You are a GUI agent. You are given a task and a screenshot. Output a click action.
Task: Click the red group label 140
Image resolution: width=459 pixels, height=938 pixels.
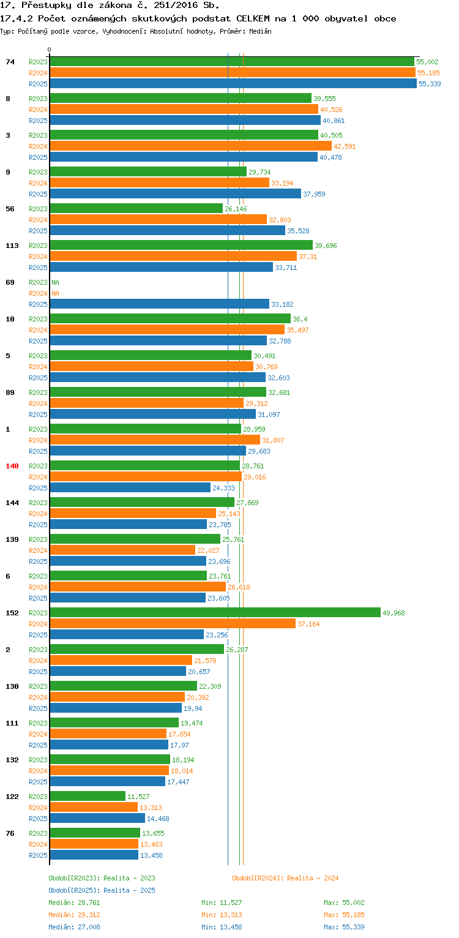point(12,466)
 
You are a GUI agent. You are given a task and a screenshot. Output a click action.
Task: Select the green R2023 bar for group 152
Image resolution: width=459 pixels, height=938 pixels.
point(215,613)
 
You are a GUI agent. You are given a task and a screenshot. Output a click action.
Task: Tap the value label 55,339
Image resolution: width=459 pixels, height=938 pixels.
point(430,84)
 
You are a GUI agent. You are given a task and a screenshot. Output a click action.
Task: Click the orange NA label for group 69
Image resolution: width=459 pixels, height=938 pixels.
point(55,293)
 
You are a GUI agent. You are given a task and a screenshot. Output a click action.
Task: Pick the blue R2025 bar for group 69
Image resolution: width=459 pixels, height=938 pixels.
point(159,304)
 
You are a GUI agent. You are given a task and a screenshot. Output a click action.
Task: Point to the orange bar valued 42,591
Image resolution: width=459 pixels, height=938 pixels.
point(190,146)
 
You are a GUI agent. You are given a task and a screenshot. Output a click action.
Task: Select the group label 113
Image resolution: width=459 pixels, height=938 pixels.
point(12,246)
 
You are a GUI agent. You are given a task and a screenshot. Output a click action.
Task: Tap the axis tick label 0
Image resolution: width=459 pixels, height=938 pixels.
point(50,50)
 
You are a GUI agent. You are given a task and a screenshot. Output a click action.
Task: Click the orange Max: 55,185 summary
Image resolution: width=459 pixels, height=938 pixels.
point(344,915)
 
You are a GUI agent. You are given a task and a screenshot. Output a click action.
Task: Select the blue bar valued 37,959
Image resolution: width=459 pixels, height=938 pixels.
point(175,194)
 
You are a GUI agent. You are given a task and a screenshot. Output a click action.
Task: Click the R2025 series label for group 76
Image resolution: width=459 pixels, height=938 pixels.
point(38,855)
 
